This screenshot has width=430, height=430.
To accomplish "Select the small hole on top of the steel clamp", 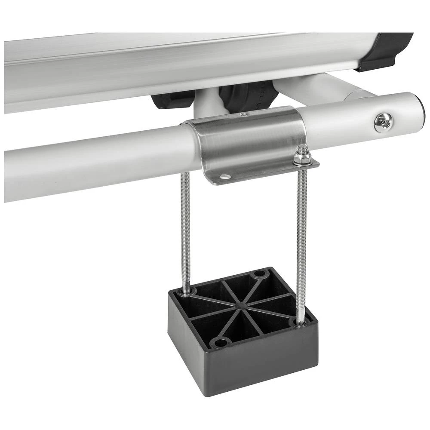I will point(245,114).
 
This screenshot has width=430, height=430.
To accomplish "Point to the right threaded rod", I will point(302,236).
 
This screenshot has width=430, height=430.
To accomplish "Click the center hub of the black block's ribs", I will point(241,306).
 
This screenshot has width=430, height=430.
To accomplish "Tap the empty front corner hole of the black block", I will point(221,342).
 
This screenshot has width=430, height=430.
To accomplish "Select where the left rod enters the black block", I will point(186,292).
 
